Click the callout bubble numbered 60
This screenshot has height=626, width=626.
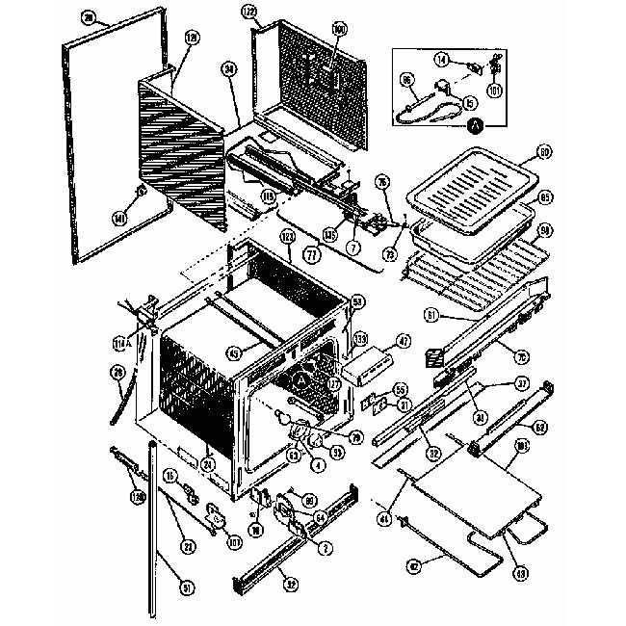pyautogui.click(x=543, y=151)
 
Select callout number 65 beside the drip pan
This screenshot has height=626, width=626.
pyautogui.click(x=544, y=198)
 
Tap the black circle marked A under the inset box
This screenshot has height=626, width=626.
pyautogui.click(x=474, y=124)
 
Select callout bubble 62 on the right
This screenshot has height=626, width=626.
pyautogui.click(x=541, y=427)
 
